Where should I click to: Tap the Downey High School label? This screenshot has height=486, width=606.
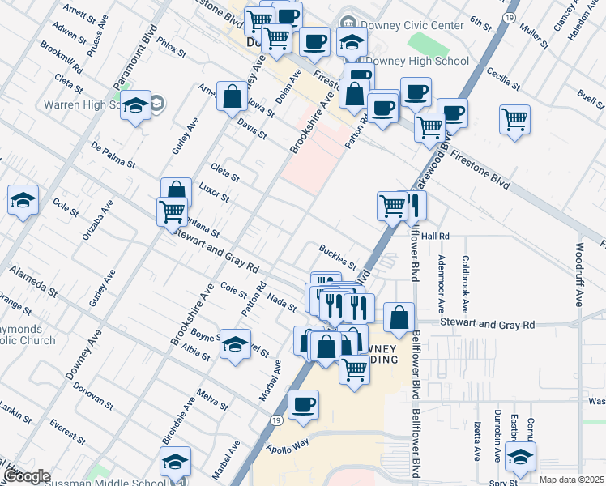[418, 61]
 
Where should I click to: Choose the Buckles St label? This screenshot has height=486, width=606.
[338, 256]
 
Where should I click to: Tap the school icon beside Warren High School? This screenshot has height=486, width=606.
[136, 106]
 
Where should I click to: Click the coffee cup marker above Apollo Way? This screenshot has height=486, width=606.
[303, 404]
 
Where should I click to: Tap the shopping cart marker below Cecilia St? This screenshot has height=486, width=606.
[515, 120]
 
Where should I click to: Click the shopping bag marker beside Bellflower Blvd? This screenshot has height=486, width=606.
[399, 318]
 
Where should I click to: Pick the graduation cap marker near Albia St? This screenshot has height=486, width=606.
[235, 345]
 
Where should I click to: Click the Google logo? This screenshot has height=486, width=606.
[27, 476]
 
